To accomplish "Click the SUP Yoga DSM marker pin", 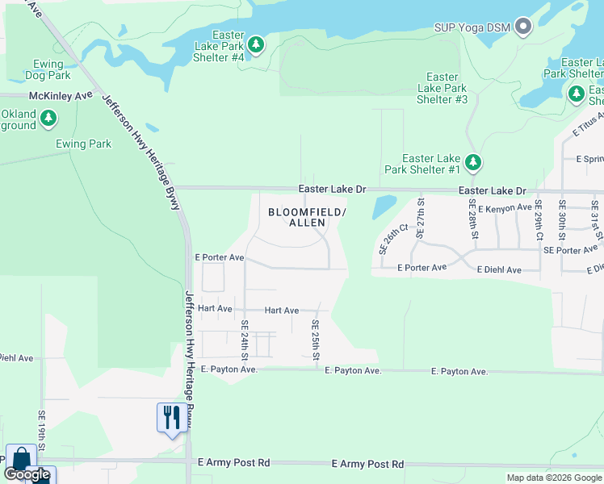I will coord(523,27).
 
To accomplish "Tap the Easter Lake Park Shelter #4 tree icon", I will coord(256,44).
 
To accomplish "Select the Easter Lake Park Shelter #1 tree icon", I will coord(473,163).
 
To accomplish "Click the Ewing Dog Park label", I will coord(41,69).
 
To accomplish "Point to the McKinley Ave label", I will coord(61,96).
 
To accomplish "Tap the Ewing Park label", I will coord(83,144).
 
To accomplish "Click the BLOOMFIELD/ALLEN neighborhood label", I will coord(307,217).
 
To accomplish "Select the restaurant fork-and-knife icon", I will coord(171,418).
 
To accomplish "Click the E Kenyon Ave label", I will coord(505,208).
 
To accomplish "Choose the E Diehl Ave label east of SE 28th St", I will coord(499,269).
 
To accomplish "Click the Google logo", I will coord(27,474).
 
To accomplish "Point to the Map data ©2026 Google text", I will coord(554,478).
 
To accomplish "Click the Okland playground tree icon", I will coord(48,119).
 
